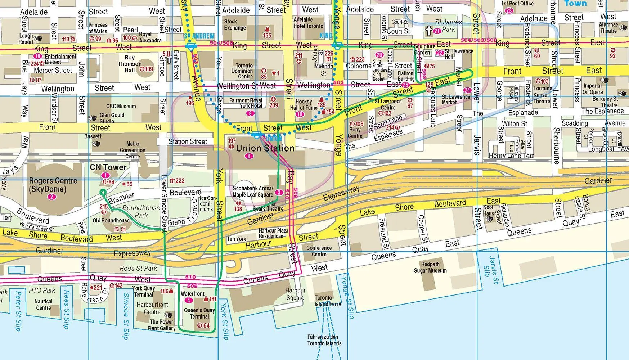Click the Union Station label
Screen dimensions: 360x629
click(265, 148)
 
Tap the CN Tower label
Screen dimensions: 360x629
click(108, 167)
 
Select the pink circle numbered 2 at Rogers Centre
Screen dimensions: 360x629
click(52, 197)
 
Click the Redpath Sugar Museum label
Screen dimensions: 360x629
click(430, 267)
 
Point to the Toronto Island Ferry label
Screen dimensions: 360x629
click(327, 301)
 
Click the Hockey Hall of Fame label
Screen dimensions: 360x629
click(304, 105)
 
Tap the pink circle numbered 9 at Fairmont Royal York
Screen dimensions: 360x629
click(251, 113)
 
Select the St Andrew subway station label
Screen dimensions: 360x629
click(199, 36)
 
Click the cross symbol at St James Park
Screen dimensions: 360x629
click(428, 31)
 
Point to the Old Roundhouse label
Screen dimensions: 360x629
click(111, 221)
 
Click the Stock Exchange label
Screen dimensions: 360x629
click(235, 24)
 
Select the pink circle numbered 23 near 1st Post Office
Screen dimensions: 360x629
click(509, 10)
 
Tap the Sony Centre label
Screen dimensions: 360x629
click(355, 132)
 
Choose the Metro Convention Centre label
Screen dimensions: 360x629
click(132, 150)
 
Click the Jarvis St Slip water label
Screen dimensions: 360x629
click(491, 271)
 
